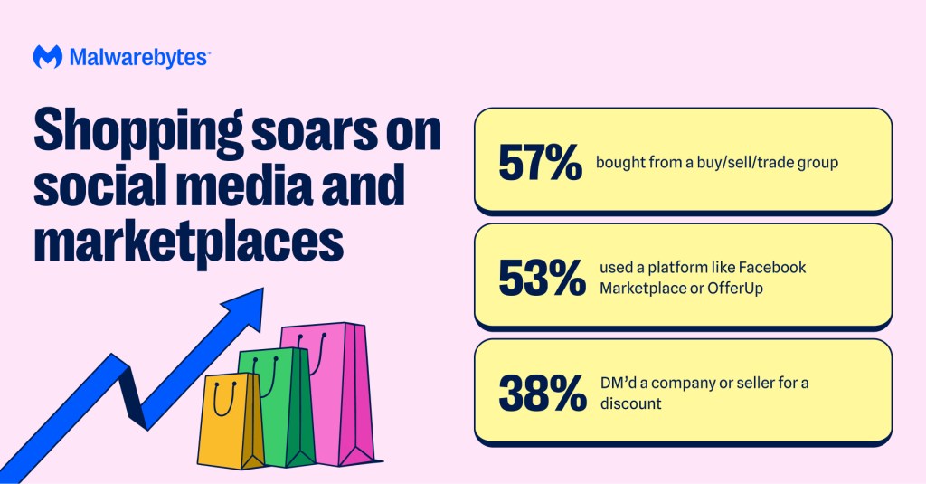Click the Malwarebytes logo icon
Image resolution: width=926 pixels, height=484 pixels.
pos(47,57)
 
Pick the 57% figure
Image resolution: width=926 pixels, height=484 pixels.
pos(540,163)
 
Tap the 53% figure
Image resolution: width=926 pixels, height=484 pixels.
pos(541,278)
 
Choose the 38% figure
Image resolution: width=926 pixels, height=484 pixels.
pos(541,393)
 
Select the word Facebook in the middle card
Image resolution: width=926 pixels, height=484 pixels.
pos(772,268)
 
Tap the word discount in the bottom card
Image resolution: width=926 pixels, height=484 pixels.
pos(630,403)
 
